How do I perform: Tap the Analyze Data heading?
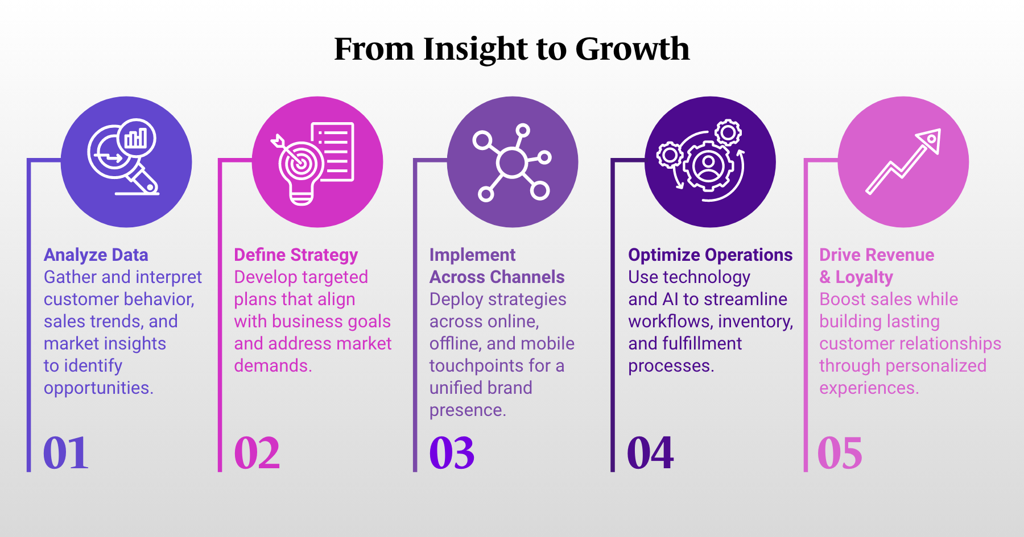pos(96,255)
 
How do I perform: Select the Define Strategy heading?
pos(296,255)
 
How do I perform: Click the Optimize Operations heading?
pos(710,255)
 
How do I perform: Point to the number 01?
pos(66,453)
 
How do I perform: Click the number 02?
pos(257,453)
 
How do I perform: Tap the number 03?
pos(452,453)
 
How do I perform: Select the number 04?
pos(650,453)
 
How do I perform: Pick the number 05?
pos(840,453)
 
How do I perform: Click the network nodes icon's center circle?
pos(511,163)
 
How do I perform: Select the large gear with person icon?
pos(708,165)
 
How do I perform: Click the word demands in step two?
pos(272,366)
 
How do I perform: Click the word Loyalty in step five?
pos(864,277)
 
